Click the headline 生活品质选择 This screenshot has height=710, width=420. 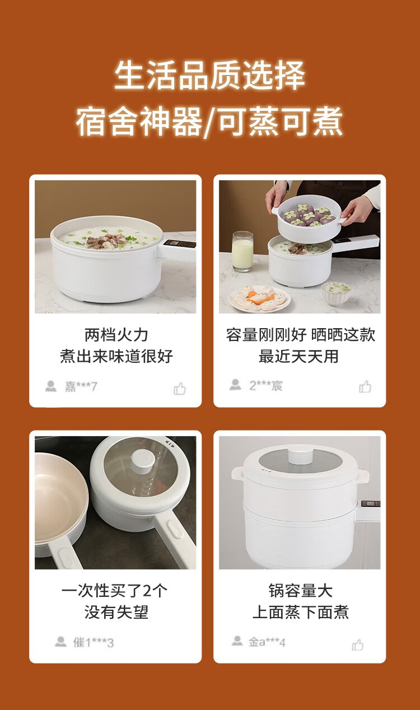pos(209,76)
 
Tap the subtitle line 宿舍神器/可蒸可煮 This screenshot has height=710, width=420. pos(209,122)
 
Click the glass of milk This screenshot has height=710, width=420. pos(242,251)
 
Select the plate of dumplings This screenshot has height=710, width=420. pos(259,298)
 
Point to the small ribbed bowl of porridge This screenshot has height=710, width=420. pos(336,293)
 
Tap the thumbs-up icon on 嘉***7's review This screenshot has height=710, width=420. pos(180,388)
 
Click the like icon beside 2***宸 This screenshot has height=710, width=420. pos(365,387)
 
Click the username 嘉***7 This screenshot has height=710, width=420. pos(81,386)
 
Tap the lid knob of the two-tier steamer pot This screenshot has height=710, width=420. pos(301,454)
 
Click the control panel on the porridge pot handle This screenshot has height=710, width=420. pos(179,244)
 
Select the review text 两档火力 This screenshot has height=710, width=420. pos(116,335)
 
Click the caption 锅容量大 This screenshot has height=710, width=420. pos(301,591)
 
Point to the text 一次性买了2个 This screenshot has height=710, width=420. pos(114,591)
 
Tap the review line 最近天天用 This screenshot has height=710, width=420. pos(299,356)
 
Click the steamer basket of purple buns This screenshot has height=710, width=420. pos(307,218)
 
